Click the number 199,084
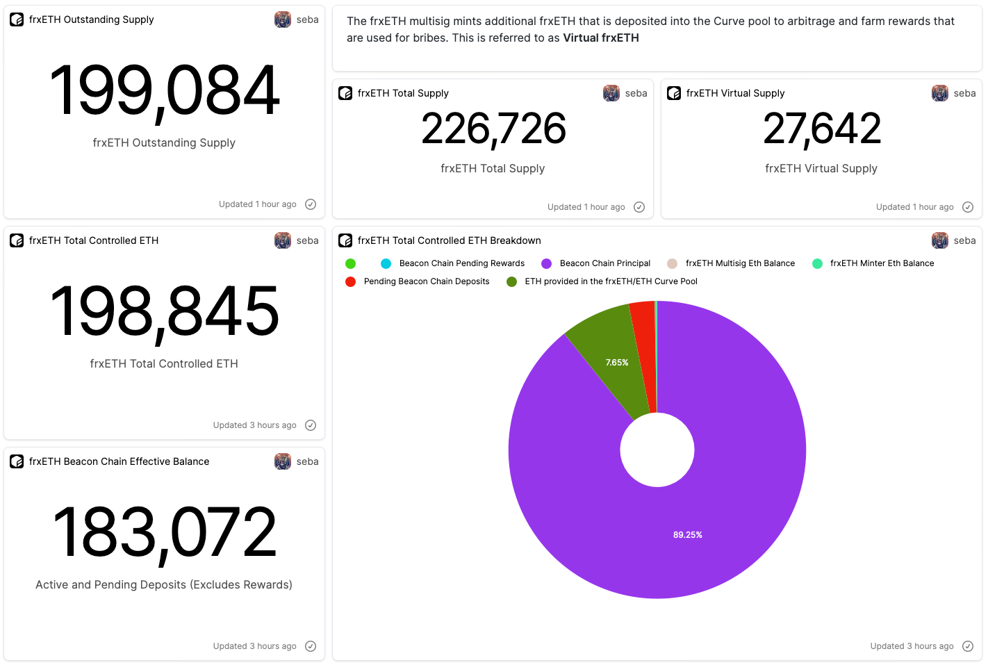point(165,91)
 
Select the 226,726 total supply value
point(493,129)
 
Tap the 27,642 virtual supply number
point(822,129)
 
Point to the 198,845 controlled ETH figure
point(165,312)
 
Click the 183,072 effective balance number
point(165,533)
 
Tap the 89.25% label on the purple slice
point(687,535)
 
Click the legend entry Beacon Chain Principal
point(604,263)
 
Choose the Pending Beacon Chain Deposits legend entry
point(426,281)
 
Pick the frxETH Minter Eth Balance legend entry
point(882,263)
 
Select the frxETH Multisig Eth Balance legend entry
point(740,263)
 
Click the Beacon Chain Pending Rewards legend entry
point(461,263)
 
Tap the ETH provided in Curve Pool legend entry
point(611,281)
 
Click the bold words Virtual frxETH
point(601,38)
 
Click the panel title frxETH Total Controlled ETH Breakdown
point(449,240)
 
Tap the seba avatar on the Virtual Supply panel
point(940,93)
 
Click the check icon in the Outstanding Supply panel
point(311,204)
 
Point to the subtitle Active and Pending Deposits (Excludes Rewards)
point(164,585)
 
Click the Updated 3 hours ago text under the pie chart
point(912,646)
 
